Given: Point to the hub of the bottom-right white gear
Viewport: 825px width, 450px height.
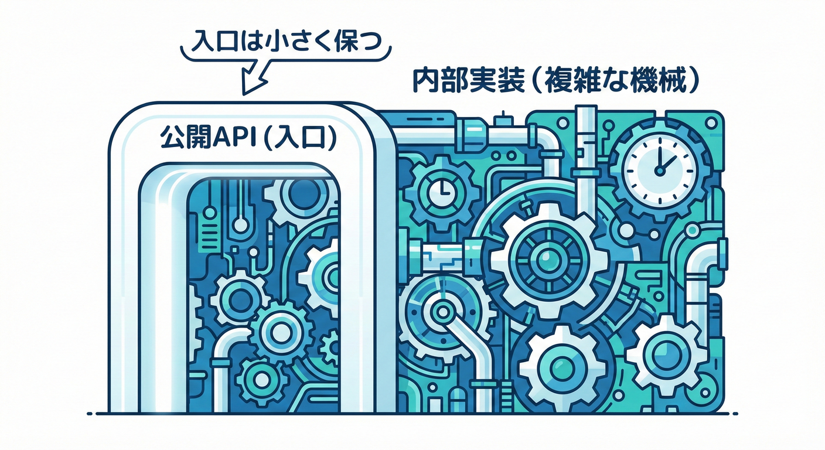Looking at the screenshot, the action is pyautogui.click(x=666, y=352).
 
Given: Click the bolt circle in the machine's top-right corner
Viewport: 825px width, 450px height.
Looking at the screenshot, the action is pyautogui.click(x=712, y=122).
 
